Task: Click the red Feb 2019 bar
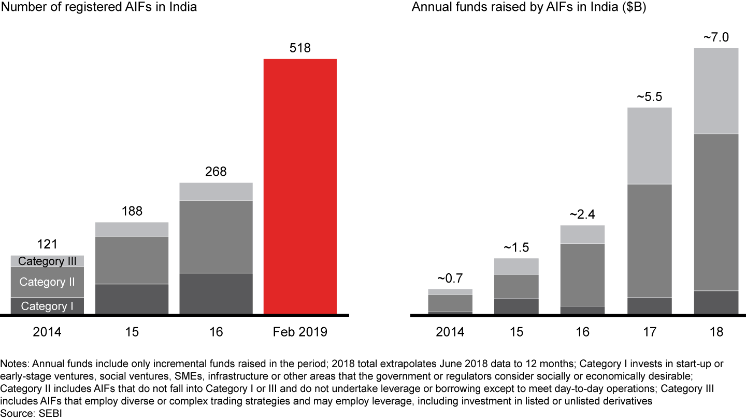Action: coord(300,186)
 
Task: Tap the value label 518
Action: coord(300,48)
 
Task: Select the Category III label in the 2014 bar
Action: coord(47,261)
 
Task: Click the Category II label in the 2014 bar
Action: coord(47,282)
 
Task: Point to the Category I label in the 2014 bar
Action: coord(47,306)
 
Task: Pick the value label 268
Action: coord(216,172)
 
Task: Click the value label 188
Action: coord(132,212)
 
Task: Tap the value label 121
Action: coord(47,244)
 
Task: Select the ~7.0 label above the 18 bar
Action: coord(716,37)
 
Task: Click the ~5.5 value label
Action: coord(649,97)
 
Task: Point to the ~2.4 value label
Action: coord(582,215)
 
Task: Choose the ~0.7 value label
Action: coord(449,278)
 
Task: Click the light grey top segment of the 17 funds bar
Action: coord(649,146)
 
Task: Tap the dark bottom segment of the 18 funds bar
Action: coord(716,302)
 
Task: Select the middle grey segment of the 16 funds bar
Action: coord(582,275)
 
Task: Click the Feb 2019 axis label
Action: coord(300,332)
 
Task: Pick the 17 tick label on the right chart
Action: coord(649,332)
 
